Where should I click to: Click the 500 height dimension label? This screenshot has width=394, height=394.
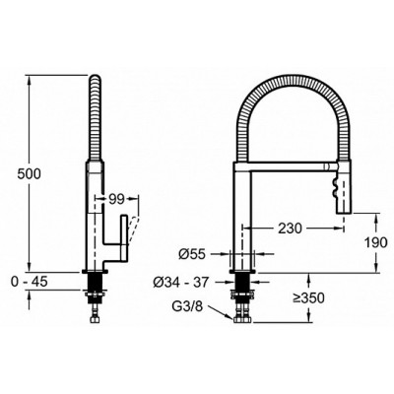click(x=30, y=173)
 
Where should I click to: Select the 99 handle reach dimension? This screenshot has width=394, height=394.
click(x=116, y=199)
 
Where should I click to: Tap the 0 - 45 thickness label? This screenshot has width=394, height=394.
click(x=30, y=282)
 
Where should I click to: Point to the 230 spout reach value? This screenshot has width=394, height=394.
click(x=290, y=228)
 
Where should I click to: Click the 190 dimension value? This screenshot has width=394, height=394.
click(x=376, y=242)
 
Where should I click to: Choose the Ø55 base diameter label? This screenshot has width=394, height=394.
click(x=192, y=254)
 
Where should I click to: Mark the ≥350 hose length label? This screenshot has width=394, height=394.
click(x=309, y=298)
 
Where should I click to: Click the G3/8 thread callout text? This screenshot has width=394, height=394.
click(x=188, y=307)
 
